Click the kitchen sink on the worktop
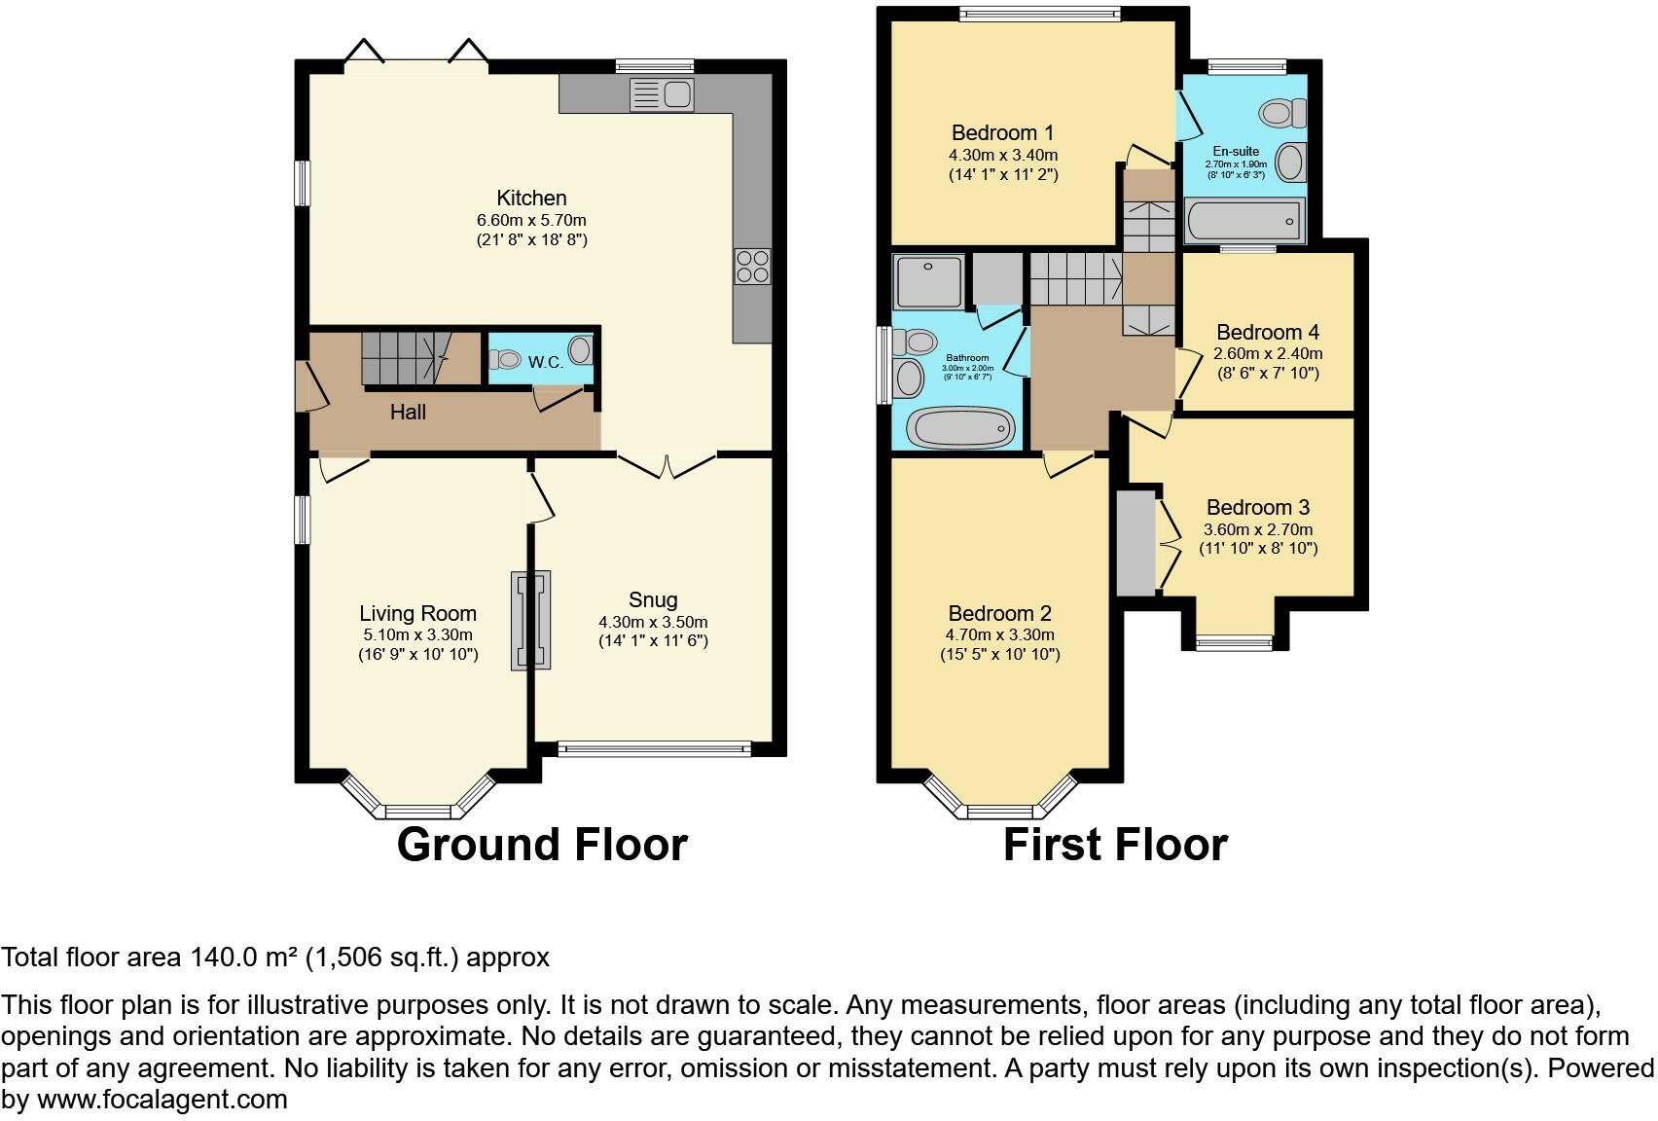662,95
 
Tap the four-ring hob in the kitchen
752,267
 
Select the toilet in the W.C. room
505,360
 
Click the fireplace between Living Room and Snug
530,620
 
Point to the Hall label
408,413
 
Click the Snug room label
653,600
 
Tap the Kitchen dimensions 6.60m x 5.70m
531,220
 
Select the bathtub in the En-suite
1243,221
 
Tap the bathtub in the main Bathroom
960,428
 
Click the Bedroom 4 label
1267,333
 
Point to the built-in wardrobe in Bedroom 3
1135,543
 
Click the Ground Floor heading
542,845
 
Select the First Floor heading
1115,845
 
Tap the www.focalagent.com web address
162,1100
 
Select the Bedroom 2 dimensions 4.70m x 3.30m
999,634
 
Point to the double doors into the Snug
667,466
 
